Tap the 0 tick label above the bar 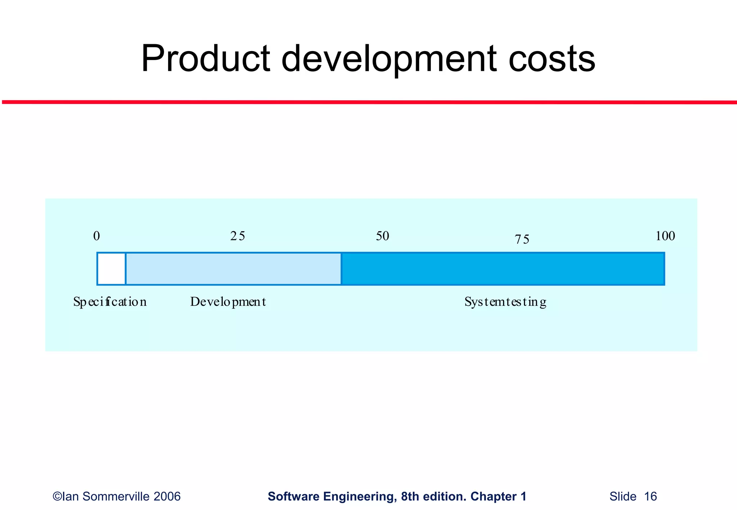pyautogui.click(x=96, y=236)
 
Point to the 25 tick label pyautogui.click(x=238, y=236)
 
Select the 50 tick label pyautogui.click(x=383, y=236)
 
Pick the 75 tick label pyautogui.click(x=522, y=240)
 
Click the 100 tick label pyautogui.click(x=665, y=236)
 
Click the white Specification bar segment pyautogui.click(x=112, y=269)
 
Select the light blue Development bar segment pyautogui.click(x=233, y=269)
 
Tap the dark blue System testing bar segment pyautogui.click(x=502, y=269)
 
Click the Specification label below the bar pyautogui.click(x=110, y=302)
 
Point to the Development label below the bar pyautogui.click(x=228, y=302)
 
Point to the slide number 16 pyautogui.click(x=650, y=497)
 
